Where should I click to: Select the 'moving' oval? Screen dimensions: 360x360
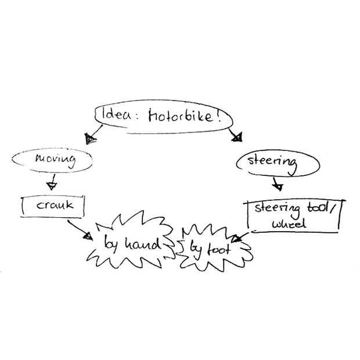point(56,160)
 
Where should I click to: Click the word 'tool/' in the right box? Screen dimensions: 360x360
point(318,208)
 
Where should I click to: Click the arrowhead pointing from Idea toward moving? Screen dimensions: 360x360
point(89,139)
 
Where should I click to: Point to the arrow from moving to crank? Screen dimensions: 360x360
point(51,181)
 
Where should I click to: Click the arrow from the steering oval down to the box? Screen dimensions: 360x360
point(277,183)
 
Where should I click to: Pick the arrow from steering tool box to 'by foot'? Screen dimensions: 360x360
point(241,236)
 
